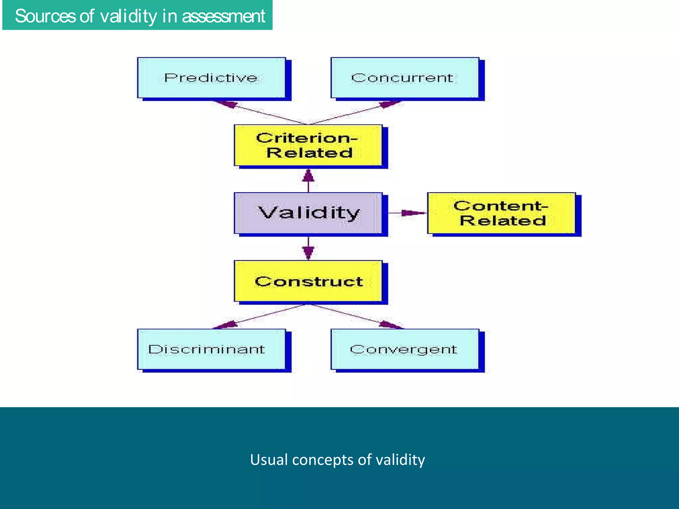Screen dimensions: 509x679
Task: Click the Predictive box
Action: click(x=212, y=78)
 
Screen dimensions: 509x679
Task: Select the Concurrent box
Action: click(x=405, y=78)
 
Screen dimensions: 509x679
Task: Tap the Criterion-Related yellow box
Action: click(x=308, y=145)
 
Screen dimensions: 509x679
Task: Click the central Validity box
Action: click(x=308, y=213)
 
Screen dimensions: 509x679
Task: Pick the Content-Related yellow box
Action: click(x=501, y=213)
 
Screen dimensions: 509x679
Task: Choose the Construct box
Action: click(x=308, y=281)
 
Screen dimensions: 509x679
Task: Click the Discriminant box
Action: click(x=212, y=349)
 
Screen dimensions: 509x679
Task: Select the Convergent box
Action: click(x=405, y=349)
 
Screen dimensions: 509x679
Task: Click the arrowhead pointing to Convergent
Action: click(x=390, y=324)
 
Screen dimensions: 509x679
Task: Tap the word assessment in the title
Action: click(x=223, y=16)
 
